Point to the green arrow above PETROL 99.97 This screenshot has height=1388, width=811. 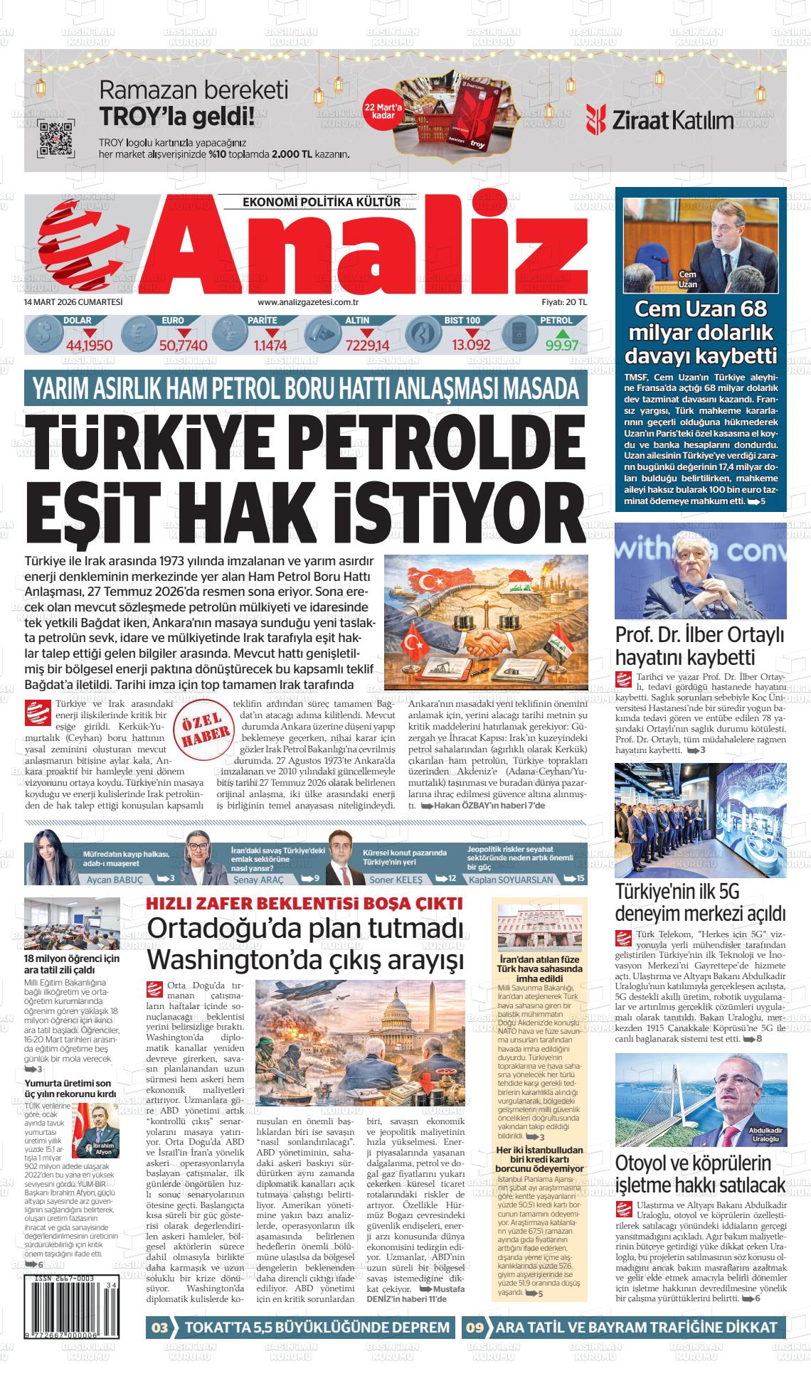point(562,333)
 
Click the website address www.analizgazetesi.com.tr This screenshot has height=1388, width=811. point(317,302)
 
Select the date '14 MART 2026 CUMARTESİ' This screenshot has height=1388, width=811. point(73,301)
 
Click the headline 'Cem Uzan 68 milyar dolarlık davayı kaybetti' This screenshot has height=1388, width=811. point(700,332)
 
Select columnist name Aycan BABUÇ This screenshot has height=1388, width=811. point(115,880)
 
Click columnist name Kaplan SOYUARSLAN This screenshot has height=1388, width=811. point(511,880)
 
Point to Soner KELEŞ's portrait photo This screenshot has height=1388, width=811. point(343,858)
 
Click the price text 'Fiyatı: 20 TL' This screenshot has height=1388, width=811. point(564,302)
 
